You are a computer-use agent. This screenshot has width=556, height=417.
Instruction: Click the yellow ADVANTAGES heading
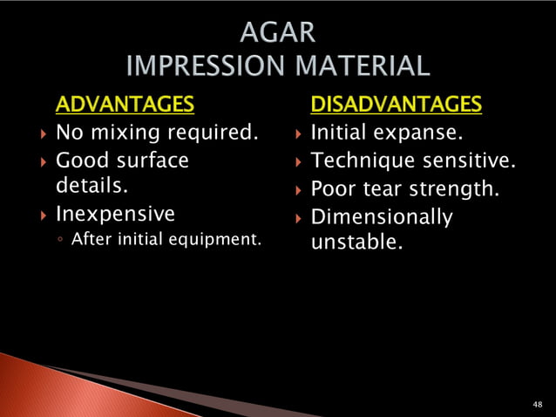coord(124,106)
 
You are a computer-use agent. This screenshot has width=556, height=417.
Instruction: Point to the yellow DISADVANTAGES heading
coord(396,106)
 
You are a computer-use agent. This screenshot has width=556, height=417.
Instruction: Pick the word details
coord(87,187)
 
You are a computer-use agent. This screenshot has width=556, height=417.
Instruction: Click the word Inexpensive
coord(115,214)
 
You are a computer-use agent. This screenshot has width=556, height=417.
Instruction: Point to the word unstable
coord(356,241)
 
